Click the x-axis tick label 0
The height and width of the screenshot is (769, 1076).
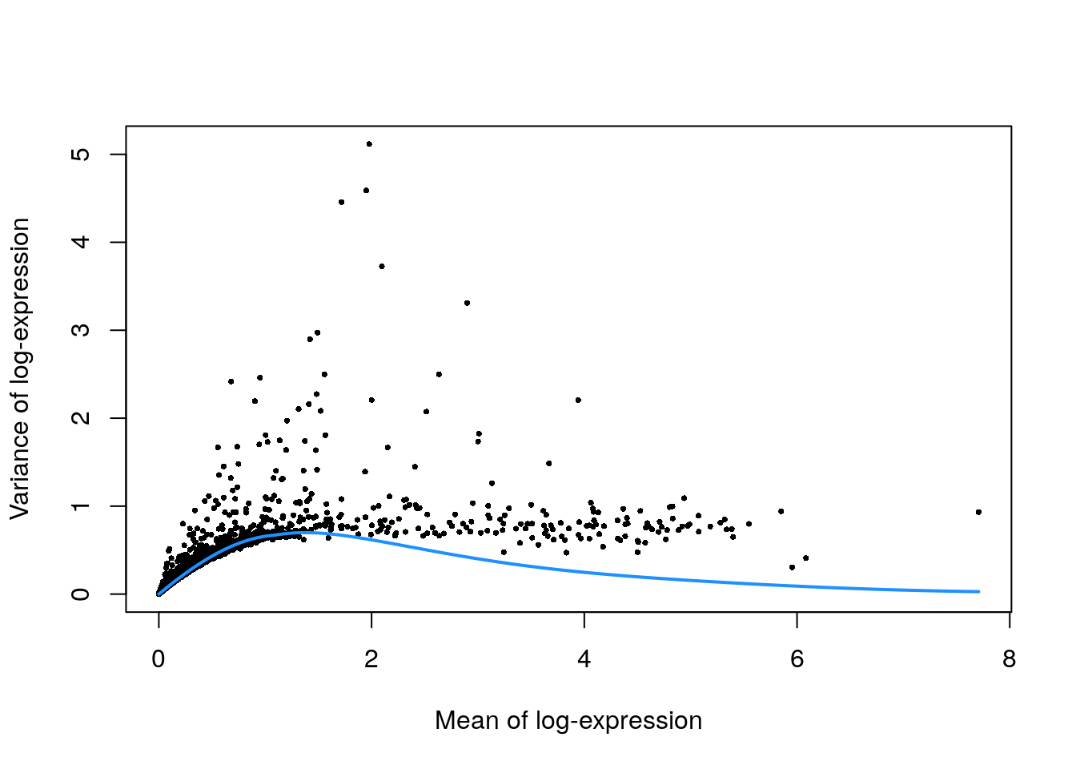159,659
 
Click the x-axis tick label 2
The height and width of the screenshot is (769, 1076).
371,659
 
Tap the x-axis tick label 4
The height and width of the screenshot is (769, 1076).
584,659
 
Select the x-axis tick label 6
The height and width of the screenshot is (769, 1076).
797,659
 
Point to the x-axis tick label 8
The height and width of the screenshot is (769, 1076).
1009,659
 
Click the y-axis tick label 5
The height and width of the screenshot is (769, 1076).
81,154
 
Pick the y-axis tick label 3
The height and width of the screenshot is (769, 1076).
81,330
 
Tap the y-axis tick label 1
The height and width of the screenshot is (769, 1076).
81,506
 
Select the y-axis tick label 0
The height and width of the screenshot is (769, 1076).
81,594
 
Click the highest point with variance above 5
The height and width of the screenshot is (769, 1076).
369,144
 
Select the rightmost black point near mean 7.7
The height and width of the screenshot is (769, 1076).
978,512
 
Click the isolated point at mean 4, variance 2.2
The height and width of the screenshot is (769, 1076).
578,400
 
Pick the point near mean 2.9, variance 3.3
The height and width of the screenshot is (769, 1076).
467,303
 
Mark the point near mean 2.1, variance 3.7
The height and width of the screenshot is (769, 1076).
382,266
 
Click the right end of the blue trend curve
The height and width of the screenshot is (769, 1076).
978,592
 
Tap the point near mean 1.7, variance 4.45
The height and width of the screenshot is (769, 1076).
341,202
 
